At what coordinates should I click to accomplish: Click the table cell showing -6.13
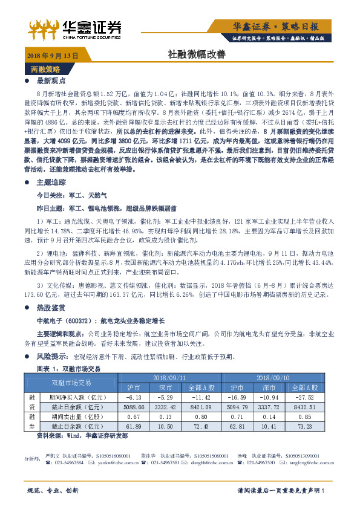[x=134, y=397]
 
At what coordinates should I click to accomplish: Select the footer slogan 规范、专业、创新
[x=54, y=490]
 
